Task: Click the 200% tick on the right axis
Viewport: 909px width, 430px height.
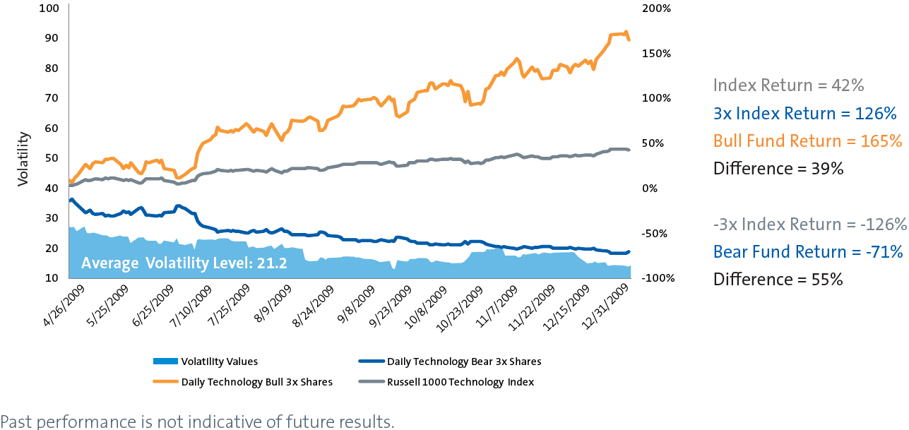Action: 656,8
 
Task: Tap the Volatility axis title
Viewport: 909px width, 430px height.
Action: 23,158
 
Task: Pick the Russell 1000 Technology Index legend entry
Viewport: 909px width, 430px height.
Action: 461,382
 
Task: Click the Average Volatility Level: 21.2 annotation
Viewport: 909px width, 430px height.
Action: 174,264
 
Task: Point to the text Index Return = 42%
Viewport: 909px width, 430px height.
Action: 788,85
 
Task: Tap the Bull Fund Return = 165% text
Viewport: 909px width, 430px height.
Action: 807,141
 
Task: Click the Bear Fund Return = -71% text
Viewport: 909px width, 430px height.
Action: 808,251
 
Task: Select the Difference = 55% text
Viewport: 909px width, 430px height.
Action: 778,279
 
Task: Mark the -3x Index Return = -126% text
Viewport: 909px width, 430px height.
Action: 809,224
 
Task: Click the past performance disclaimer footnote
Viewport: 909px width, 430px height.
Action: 197,422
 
